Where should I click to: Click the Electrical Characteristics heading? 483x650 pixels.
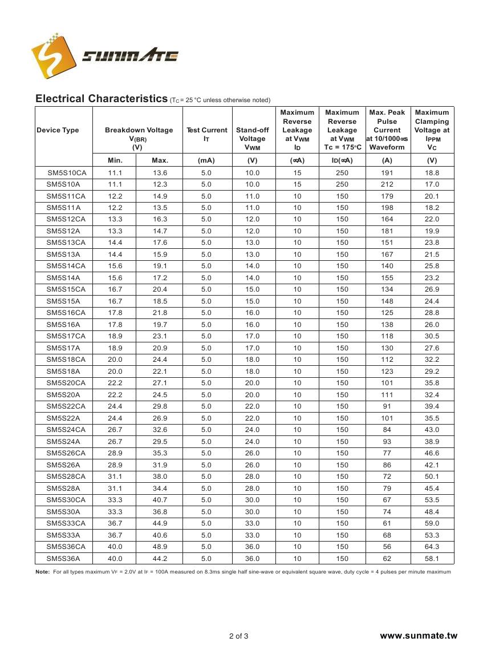coord(101,99)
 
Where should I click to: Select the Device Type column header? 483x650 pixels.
coord(58,130)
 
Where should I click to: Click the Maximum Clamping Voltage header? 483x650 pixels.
coord(432,130)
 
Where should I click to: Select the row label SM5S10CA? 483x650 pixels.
coord(66,173)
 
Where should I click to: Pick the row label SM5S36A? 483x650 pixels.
coord(63,559)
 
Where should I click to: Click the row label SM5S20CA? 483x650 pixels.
coord(66,383)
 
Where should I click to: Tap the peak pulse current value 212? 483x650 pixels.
coord(387,184)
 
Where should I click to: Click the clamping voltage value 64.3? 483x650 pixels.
coord(432,547)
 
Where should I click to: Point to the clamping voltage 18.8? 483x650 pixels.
coord(432,173)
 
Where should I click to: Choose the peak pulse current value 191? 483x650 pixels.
coord(387,173)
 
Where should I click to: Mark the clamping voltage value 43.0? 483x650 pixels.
coord(432,430)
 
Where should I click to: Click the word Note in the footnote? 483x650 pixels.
coord(43,571)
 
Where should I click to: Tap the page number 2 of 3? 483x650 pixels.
coord(238,636)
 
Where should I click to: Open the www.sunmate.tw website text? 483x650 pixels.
coord(419,636)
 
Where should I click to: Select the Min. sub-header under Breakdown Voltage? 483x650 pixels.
coord(115,160)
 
